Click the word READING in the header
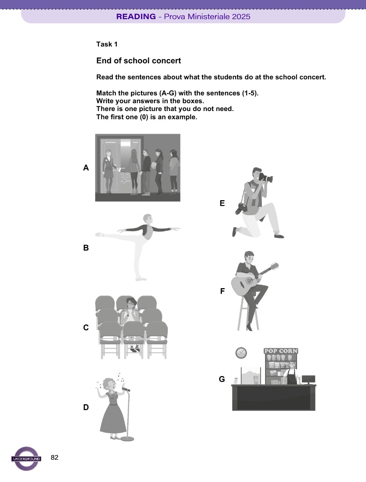tap(136, 17)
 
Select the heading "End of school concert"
tap(139, 61)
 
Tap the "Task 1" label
tap(107, 45)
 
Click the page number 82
tap(55, 457)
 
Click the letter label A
tap(86, 168)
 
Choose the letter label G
tap(222, 379)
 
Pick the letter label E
tap(222, 203)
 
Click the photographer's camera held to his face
tap(266, 178)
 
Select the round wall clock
tap(241, 353)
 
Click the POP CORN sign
tap(281, 351)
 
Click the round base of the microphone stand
tap(127, 439)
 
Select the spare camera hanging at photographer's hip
tap(240, 208)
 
